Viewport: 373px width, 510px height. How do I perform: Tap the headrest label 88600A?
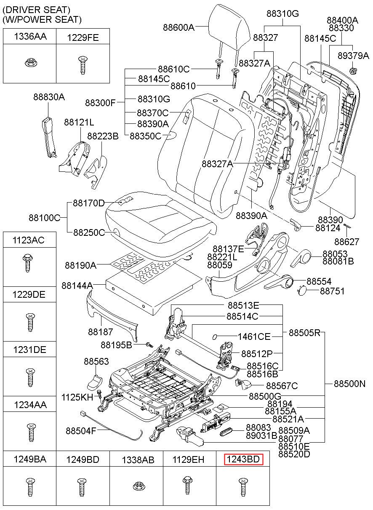179,27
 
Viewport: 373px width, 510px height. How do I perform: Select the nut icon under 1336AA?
30,63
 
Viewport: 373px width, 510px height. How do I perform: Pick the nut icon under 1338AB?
136,487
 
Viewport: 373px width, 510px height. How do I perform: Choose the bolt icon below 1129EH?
188,486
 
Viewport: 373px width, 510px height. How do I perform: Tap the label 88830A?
49,97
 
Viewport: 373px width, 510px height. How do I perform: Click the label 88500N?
350,384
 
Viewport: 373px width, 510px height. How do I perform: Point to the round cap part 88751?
302,290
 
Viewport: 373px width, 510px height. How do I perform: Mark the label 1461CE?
254,336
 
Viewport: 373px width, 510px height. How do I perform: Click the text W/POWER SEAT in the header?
42,19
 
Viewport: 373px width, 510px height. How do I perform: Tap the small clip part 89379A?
354,70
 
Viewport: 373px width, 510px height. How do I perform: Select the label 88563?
96,361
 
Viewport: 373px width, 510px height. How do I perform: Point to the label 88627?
347,242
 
